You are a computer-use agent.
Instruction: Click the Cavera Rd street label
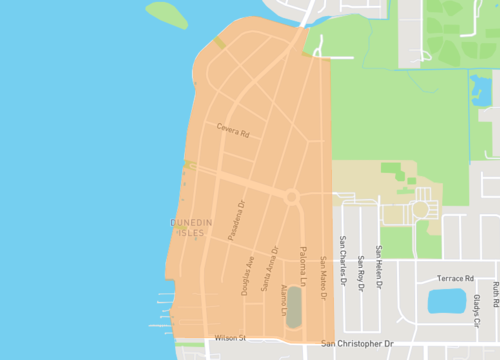(232, 128)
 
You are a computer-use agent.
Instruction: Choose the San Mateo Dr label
(323, 275)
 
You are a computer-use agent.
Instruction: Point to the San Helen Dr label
(378, 264)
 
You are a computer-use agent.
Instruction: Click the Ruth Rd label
(494, 293)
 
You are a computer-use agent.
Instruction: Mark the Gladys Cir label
(476, 310)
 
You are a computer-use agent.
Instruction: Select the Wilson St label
(229, 338)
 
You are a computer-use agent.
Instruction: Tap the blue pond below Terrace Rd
(446, 300)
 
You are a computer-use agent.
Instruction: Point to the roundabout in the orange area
(292, 197)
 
